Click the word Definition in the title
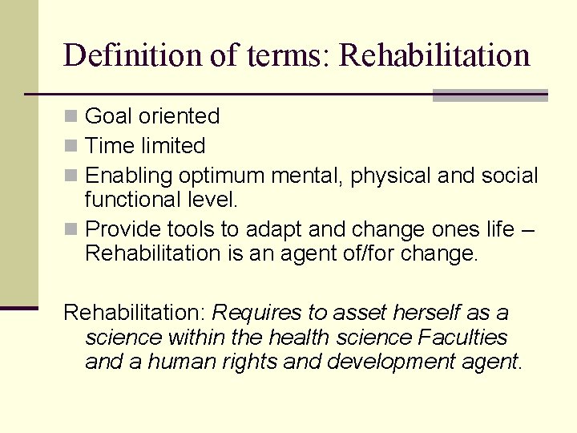(x=119, y=55)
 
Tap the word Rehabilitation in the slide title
(x=434, y=55)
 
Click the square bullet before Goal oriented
(x=71, y=116)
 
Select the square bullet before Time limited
(x=71, y=146)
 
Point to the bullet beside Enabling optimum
(x=71, y=176)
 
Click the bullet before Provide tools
(x=71, y=230)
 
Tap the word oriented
(x=180, y=116)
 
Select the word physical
(x=381, y=176)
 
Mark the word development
(x=389, y=362)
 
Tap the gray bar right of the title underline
(x=490, y=95)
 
